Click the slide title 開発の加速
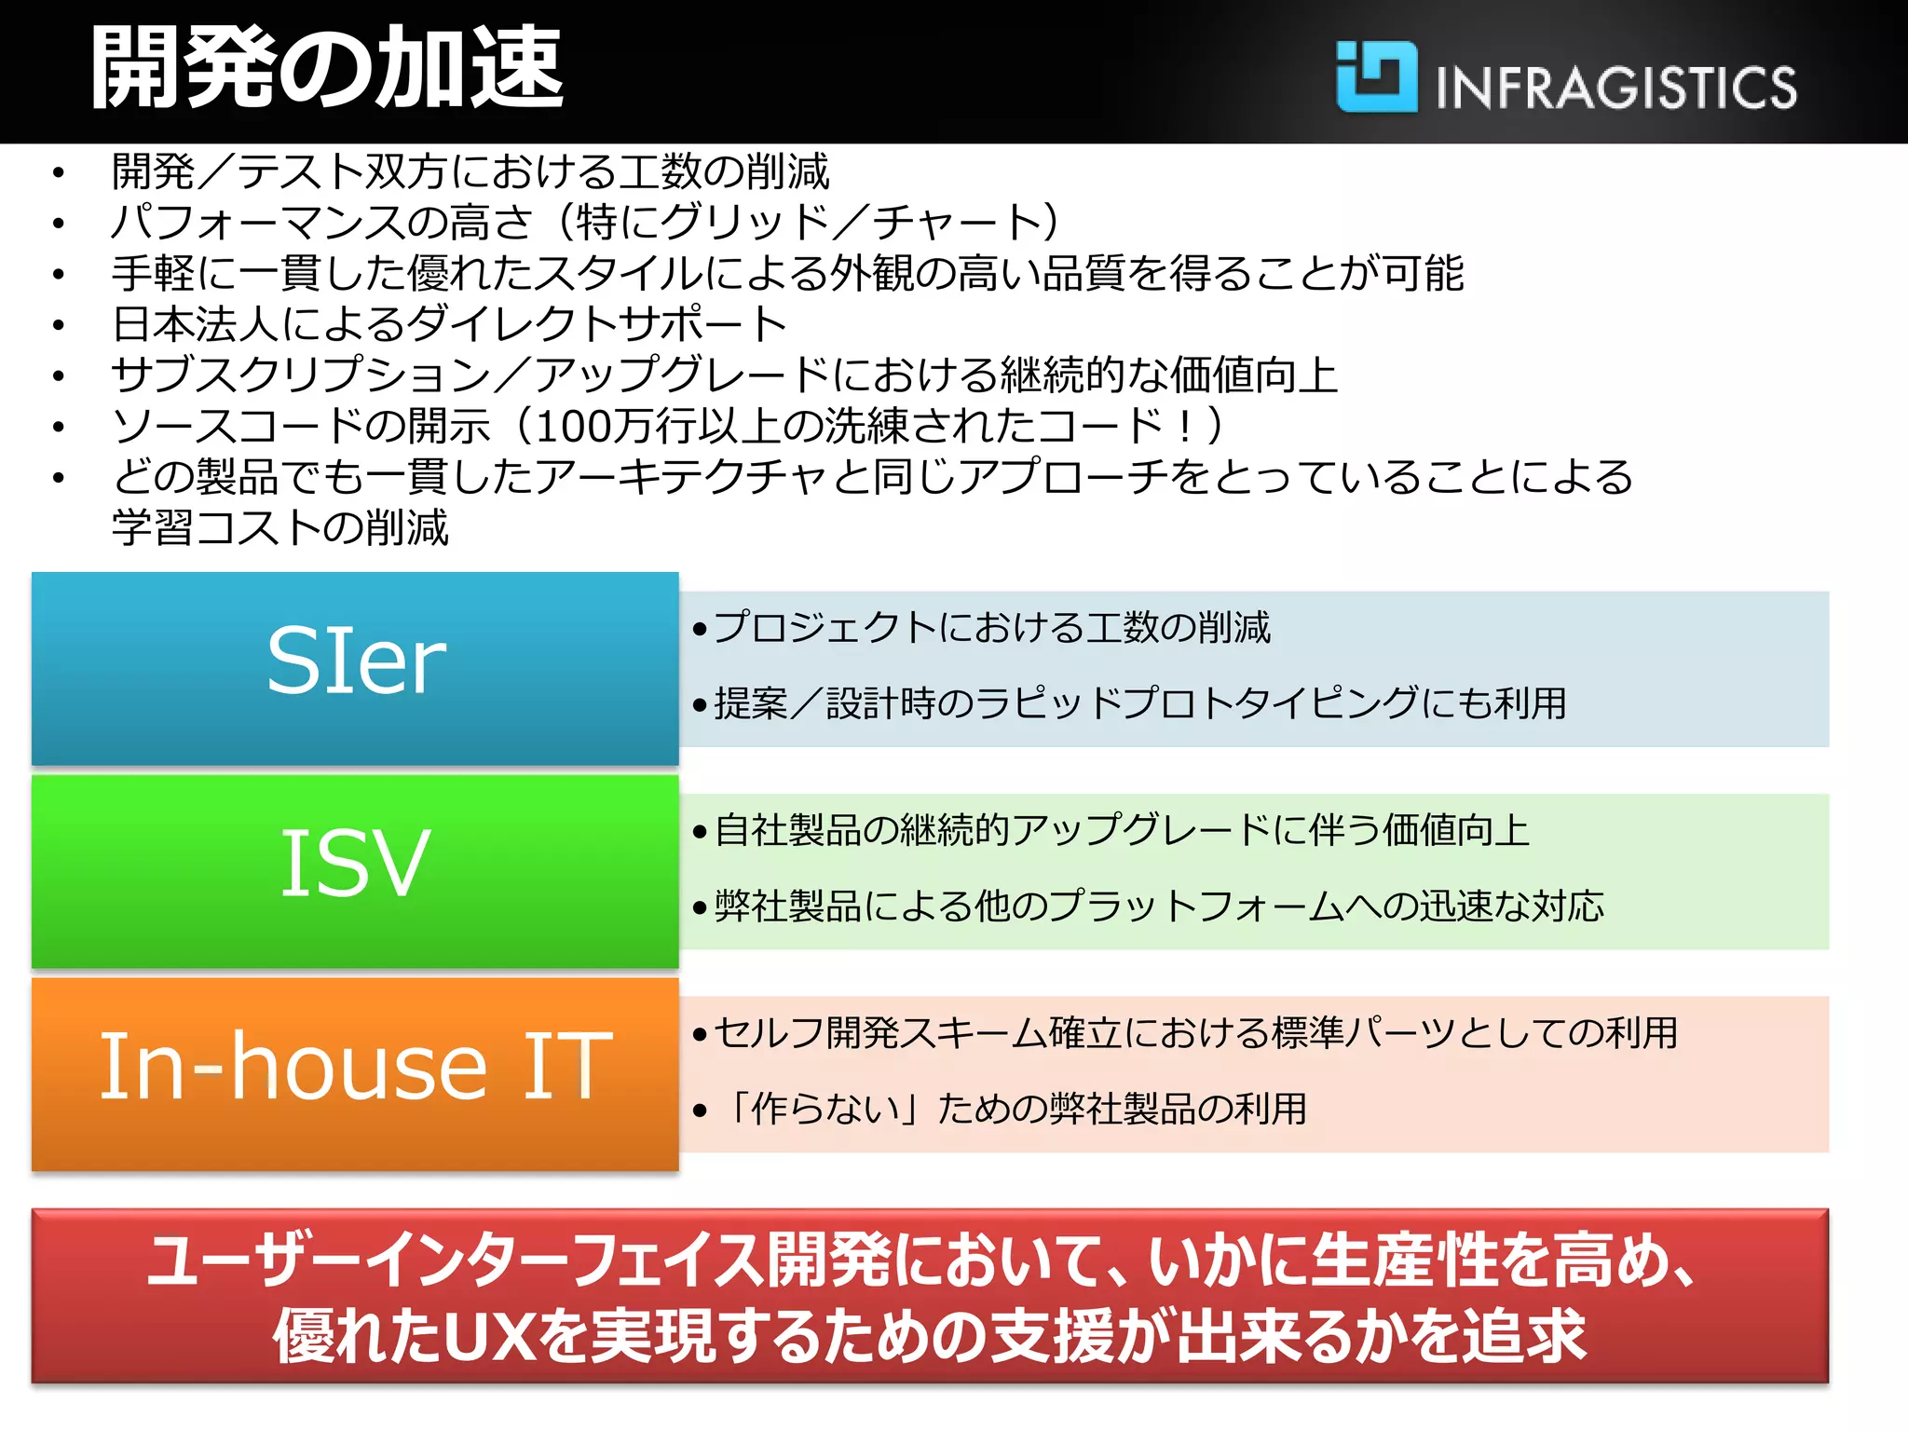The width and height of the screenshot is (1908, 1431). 326,67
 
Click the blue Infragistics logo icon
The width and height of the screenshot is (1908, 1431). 1376,76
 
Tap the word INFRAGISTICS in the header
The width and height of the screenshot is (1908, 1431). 1615,88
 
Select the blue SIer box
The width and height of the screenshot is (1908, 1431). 355,668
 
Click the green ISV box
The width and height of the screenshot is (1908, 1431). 355,871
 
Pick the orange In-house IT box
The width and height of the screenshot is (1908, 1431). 355,1073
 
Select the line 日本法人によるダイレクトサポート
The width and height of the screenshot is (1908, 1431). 450,324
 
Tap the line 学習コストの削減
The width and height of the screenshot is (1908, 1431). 279,527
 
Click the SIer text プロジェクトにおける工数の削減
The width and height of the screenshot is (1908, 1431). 991,628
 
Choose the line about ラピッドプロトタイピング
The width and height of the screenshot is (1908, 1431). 1140,703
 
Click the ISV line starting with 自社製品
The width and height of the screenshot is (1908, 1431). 1122,830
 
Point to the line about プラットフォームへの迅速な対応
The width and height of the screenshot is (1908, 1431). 1159,906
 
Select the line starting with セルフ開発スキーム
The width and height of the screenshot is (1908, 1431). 1196,1033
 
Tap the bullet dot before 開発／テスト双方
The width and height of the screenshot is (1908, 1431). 59,173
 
